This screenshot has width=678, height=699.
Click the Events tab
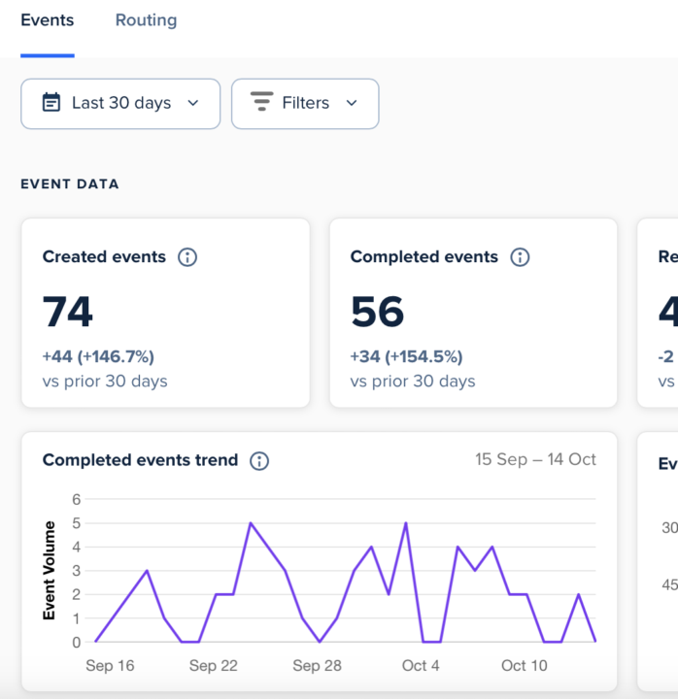click(x=47, y=20)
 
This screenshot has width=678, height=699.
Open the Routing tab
click(x=146, y=20)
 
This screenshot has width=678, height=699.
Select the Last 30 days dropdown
click(x=120, y=104)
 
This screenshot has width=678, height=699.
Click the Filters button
click(x=305, y=104)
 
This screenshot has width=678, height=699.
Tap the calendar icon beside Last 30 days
click(x=51, y=103)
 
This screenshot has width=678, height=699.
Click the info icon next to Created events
click(x=187, y=257)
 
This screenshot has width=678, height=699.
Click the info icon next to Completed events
click(x=520, y=257)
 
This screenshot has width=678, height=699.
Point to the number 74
click(x=68, y=313)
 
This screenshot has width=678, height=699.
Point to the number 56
click(x=377, y=313)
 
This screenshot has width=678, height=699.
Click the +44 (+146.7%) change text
click(x=98, y=356)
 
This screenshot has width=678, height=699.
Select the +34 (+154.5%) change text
click(x=406, y=356)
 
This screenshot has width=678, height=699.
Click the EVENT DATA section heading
click(x=70, y=184)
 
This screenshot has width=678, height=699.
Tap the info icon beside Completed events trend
click(x=259, y=461)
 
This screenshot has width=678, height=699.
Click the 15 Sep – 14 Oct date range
click(x=535, y=460)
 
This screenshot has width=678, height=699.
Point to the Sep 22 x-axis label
click(x=214, y=666)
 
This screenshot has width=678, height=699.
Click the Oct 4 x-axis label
click(x=421, y=666)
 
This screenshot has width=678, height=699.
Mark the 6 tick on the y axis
click(x=77, y=499)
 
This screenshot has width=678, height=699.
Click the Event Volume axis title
click(x=50, y=571)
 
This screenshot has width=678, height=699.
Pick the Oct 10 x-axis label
click(x=525, y=666)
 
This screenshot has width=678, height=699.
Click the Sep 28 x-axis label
click(x=318, y=666)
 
